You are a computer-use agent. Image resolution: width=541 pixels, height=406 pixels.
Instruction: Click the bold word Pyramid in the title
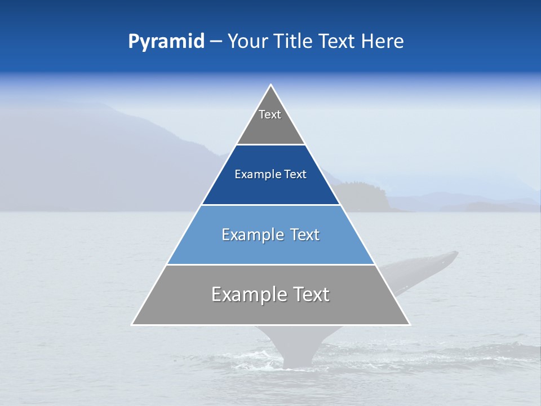pyautogui.click(x=166, y=42)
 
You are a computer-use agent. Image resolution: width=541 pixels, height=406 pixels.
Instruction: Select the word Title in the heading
pyautogui.click(x=295, y=42)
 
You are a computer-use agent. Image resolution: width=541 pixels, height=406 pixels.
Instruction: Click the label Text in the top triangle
pyautogui.click(x=270, y=114)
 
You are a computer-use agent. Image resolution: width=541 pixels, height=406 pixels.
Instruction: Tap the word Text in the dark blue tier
pyautogui.click(x=296, y=175)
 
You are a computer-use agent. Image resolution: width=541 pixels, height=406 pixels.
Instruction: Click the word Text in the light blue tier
pyautogui.click(x=305, y=235)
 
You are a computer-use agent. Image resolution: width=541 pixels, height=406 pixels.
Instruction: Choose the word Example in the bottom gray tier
pyautogui.click(x=249, y=294)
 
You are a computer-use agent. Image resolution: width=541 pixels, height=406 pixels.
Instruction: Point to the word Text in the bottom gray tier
pyautogui.click(x=311, y=294)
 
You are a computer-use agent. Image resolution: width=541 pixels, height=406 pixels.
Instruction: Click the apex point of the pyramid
pyautogui.click(x=271, y=85)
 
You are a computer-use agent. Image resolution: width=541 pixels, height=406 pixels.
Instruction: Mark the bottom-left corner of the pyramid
pyautogui.click(x=132, y=324)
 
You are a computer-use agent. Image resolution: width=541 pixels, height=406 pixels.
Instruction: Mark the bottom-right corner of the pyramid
pyautogui.click(x=409, y=324)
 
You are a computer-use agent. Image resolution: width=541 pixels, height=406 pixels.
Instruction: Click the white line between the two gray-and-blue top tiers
pyautogui.click(x=270, y=145)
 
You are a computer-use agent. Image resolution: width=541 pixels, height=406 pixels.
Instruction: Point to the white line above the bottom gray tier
pyautogui.click(x=270, y=264)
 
